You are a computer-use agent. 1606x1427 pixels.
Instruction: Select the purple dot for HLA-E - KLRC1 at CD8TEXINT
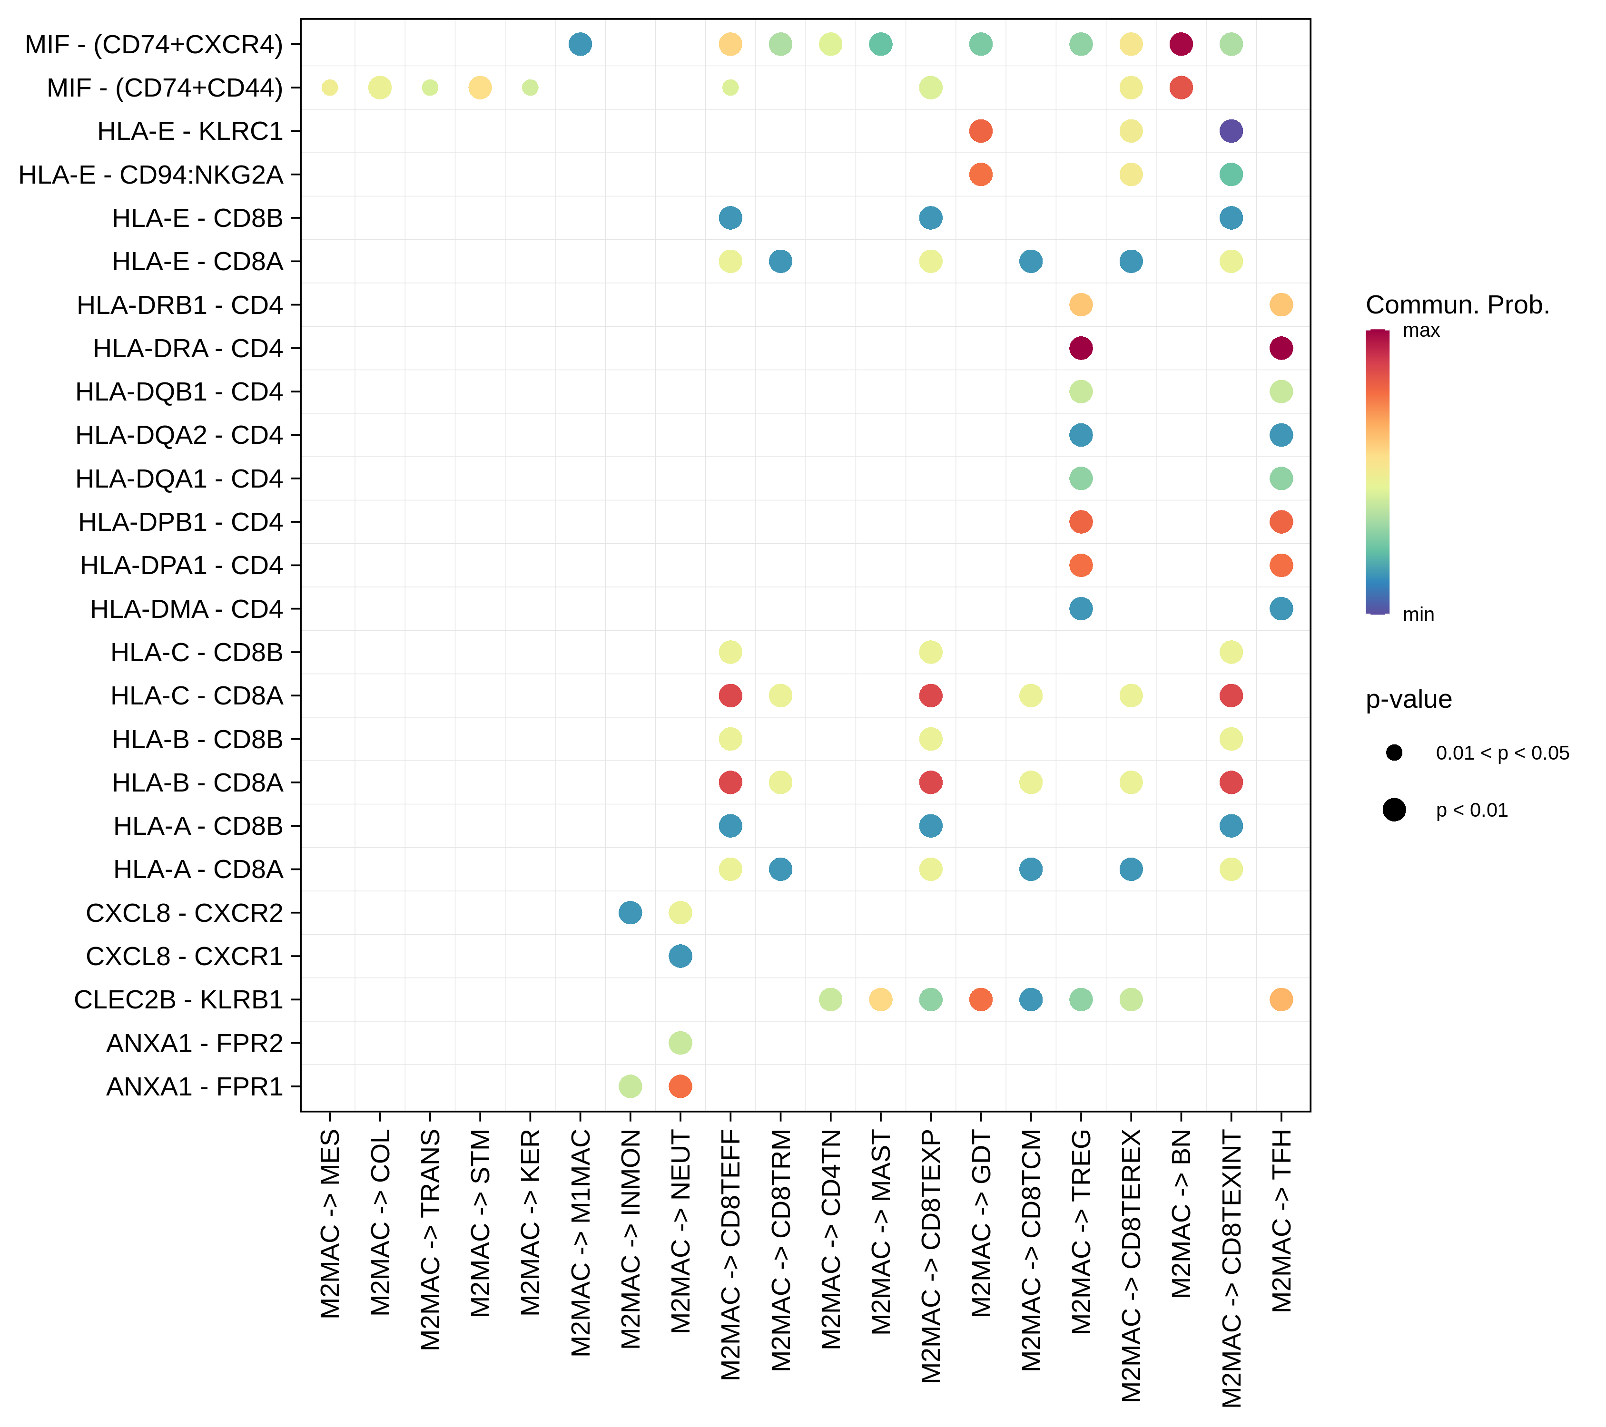1231,131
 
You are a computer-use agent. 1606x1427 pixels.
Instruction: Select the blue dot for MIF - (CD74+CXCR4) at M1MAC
580,44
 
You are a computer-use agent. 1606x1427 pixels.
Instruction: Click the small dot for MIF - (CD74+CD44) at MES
330,87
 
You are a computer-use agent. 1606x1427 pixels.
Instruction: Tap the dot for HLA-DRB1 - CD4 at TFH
1281,305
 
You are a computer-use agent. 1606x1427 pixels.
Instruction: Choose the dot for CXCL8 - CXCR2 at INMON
630,913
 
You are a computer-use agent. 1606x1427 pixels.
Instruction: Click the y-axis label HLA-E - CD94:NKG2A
151,175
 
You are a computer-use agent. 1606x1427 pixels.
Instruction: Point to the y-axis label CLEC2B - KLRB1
178,1000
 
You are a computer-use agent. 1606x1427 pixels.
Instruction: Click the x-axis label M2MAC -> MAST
881,1233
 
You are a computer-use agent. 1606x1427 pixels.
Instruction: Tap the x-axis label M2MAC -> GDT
981,1223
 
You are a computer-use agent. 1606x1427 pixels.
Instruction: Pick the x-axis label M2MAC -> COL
380,1223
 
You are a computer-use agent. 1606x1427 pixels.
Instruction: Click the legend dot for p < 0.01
1394,810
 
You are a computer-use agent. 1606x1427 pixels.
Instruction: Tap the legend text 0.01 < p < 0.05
1501,753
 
